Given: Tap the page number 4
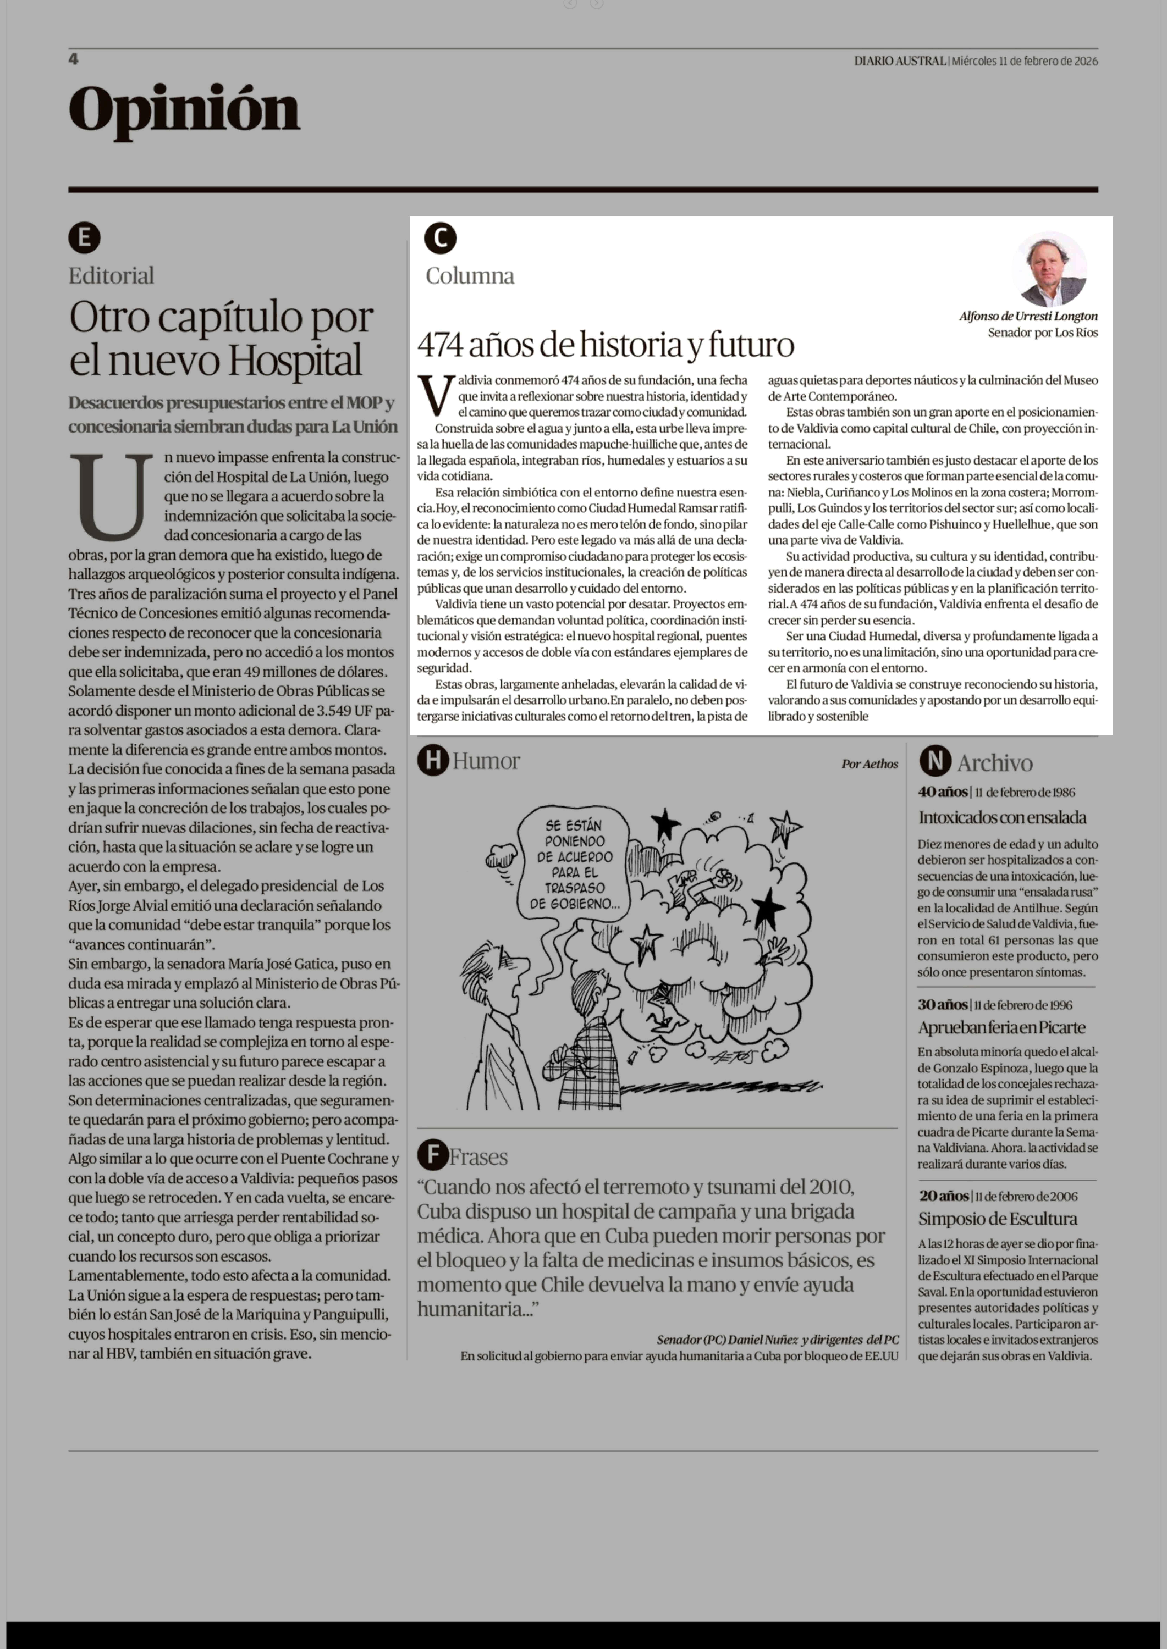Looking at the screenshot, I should point(73,59).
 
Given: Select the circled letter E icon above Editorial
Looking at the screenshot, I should point(84,238).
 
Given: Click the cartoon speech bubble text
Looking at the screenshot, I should point(574,864).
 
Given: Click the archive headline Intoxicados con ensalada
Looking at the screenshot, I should point(1002,817).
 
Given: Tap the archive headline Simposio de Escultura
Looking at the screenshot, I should point(997,1219).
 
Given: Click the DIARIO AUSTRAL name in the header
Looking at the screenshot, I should point(900,61).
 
